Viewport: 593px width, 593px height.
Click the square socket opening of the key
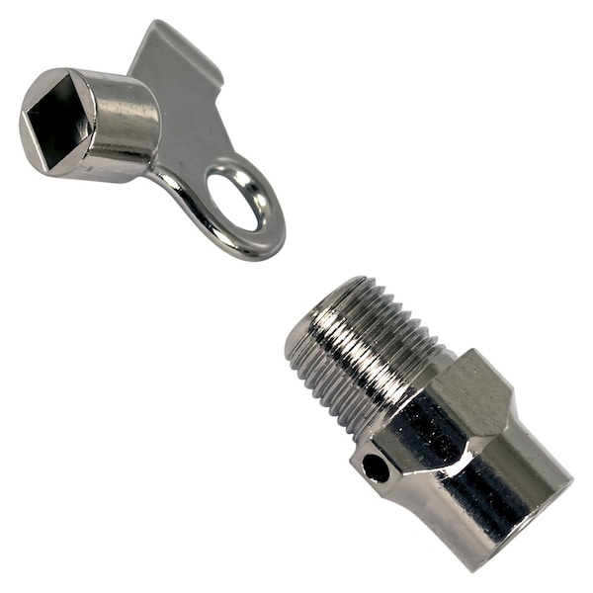pos(57,123)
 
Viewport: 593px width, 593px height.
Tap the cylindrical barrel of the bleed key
pos(124,124)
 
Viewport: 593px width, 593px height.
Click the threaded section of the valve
pos(366,356)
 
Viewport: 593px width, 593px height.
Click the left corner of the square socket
pos(24,116)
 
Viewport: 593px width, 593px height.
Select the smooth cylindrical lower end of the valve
pos(514,494)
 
